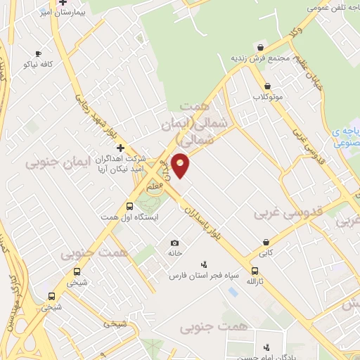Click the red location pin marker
click(x=181, y=165)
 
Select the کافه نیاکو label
click(x=39, y=64)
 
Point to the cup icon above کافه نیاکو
click(x=38, y=53)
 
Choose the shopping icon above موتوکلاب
click(x=269, y=86)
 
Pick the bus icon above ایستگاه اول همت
click(x=129, y=206)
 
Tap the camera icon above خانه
click(x=174, y=243)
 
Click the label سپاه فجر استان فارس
click(x=204, y=275)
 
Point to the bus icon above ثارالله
click(x=255, y=271)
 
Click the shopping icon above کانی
click(x=266, y=241)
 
